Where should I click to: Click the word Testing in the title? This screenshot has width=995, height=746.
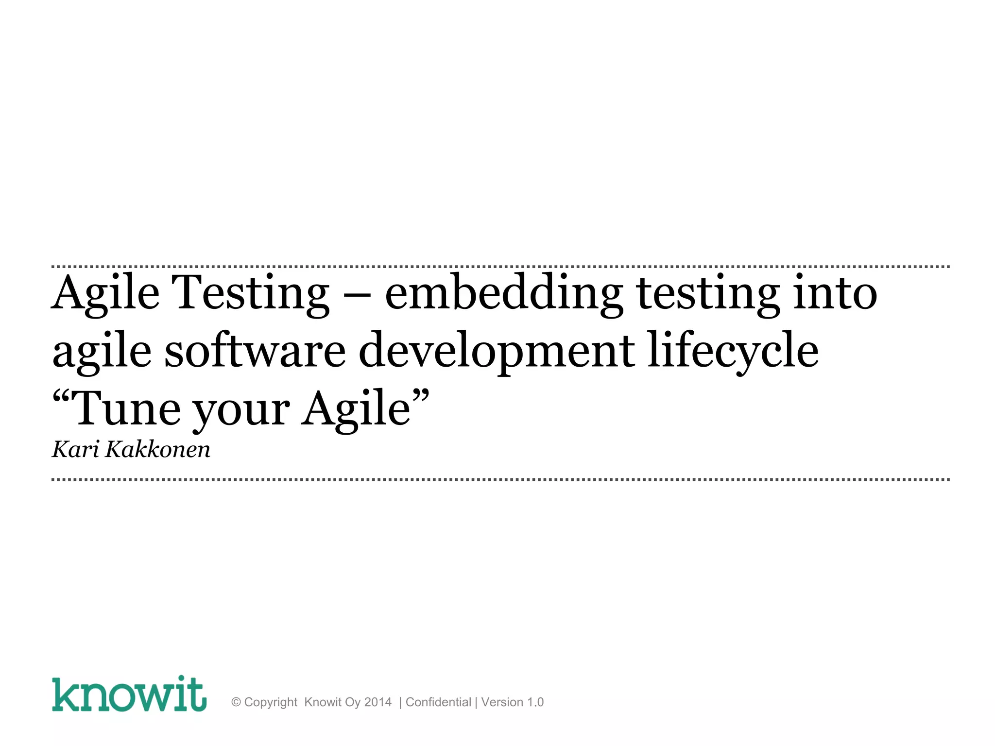coord(252,294)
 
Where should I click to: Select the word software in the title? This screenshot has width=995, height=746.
coord(255,351)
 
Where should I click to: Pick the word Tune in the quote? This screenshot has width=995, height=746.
coord(128,409)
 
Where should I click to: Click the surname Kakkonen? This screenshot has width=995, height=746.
coord(158,449)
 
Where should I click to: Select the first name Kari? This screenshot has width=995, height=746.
coord(75,449)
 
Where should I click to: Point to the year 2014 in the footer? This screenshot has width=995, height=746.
coord(377,702)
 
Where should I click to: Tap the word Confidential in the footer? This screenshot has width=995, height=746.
coord(438,702)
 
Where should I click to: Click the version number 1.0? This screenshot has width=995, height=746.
coord(535,702)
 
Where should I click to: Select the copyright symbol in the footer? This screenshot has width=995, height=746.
coord(236,702)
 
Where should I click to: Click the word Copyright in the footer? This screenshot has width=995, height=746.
coord(271,703)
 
